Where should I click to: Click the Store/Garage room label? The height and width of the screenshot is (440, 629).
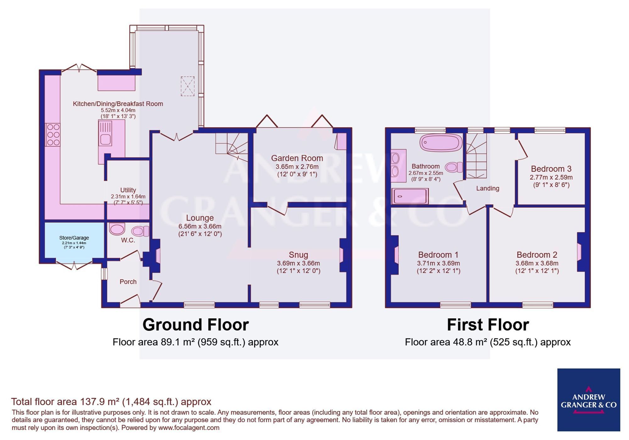tap(74, 238)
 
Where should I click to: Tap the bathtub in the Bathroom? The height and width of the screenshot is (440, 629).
tap(441, 142)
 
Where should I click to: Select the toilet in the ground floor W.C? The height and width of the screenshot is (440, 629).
tap(140, 231)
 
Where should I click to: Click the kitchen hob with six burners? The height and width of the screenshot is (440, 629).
tap(53, 135)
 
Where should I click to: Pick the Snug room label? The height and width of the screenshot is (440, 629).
tap(298, 255)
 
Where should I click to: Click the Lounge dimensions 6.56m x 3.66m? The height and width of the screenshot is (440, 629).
tap(200, 226)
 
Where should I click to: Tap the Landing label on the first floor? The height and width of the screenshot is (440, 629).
tap(487, 188)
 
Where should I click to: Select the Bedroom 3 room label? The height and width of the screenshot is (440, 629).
tap(551, 169)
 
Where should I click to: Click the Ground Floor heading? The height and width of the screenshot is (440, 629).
tap(196, 325)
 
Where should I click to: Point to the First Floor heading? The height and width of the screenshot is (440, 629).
tap(488, 325)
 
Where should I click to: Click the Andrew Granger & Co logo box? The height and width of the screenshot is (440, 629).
tap(588, 400)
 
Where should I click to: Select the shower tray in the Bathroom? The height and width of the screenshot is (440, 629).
tap(410, 196)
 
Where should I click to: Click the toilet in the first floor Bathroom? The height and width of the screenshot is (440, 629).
tap(454, 167)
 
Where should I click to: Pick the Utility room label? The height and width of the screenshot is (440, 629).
tap(128, 190)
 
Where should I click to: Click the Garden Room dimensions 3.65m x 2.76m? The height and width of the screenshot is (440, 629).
tap(297, 167)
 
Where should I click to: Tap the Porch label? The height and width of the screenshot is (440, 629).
tap(128, 282)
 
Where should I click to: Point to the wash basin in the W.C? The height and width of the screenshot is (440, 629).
tap(117, 229)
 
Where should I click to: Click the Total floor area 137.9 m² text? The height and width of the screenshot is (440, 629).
tap(111, 402)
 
